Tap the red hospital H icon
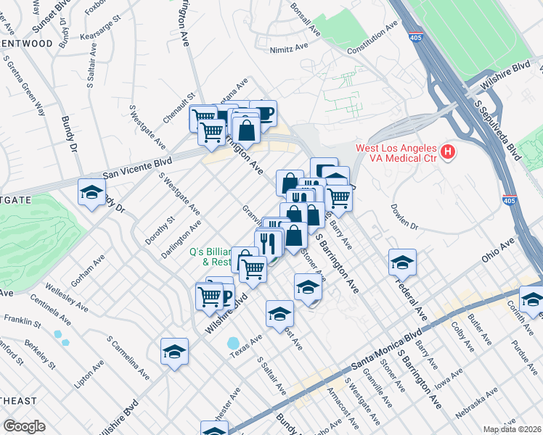449,152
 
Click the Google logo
24,426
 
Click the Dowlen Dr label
406,220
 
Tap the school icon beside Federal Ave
402,262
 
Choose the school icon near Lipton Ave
174,352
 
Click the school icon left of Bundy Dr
92,192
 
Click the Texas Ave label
246,349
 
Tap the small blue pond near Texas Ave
233,342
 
